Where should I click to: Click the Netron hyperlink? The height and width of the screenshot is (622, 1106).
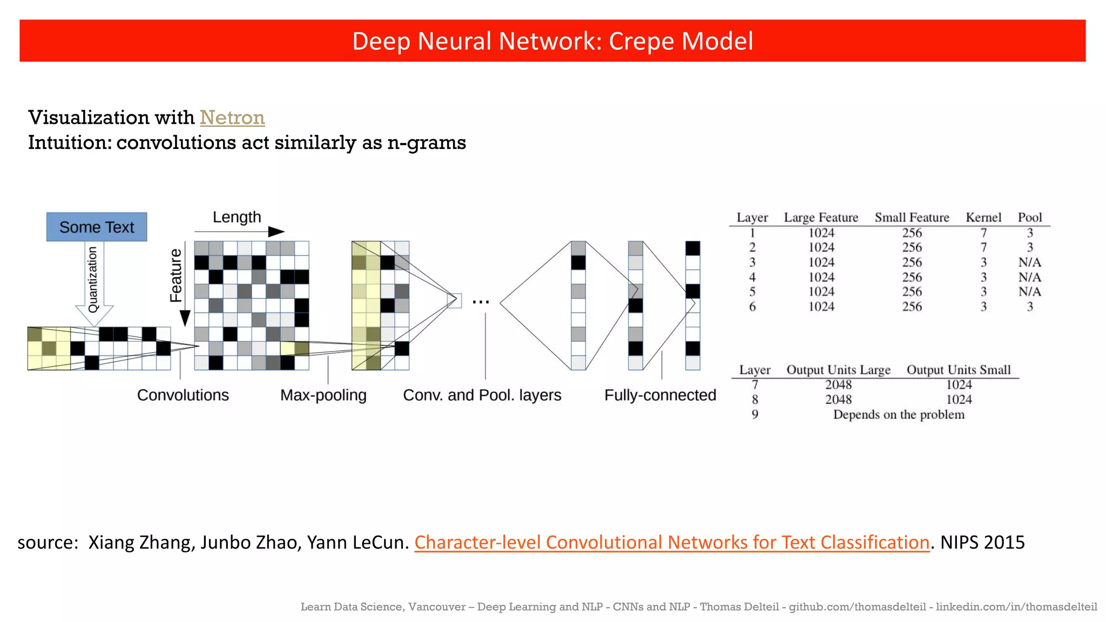tap(232, 118)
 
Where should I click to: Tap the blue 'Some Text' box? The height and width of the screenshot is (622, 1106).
tap(97, 227)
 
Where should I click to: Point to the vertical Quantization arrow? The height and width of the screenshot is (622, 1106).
tap(93, 281)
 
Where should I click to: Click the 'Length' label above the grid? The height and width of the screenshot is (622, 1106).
tap(237, 217)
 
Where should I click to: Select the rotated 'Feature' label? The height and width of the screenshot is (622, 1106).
tap(176, 275)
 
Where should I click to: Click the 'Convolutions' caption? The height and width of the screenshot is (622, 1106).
tap(183, 395)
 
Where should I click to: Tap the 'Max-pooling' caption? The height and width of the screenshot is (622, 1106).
tap(323, 395)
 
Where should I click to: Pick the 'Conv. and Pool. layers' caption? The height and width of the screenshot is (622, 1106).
tap(482, 395)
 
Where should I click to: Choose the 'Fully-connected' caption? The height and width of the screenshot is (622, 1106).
tap(660, 395)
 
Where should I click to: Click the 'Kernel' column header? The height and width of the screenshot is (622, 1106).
tap(983, 218)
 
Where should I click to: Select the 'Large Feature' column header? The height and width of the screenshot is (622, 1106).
tap(821, 218)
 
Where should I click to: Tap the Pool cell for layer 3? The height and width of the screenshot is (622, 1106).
tap(1030, 262)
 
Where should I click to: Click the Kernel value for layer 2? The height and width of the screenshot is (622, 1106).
tap(983, 247)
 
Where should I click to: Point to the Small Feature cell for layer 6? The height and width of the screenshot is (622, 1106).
tap(912, 307)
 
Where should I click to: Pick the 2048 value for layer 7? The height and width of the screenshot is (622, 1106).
tap(838, 384)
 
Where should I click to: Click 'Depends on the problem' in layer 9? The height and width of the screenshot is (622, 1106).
tap(899, 415)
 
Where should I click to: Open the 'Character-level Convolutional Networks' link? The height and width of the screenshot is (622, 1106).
tap(672, 542)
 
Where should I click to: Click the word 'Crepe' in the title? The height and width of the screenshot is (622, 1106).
tap(639, 41)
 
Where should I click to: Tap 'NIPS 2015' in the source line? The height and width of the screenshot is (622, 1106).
tap(982, 542)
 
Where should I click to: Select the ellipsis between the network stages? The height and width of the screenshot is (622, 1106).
tap(481, 302)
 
